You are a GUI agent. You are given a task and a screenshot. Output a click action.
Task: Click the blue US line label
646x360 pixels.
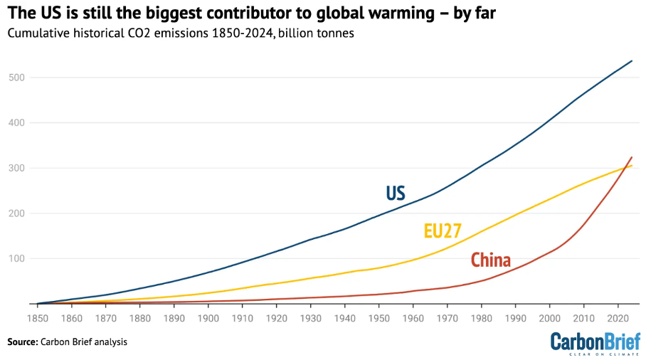click(x=396, y=194)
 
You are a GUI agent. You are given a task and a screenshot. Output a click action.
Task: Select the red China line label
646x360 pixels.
click(x=490, y=260)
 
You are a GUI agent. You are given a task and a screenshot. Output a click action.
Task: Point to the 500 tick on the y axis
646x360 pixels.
click(x=18, y=78)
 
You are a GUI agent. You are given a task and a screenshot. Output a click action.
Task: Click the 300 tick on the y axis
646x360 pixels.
click(x=18, y=169)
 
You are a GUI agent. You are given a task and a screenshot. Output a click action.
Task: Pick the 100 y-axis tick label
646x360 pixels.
click(x=18, y=259)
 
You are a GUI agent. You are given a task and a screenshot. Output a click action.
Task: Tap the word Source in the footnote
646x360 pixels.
click(x=22, y=342)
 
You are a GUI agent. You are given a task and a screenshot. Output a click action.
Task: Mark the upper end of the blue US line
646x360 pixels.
click(x=632, y=61)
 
